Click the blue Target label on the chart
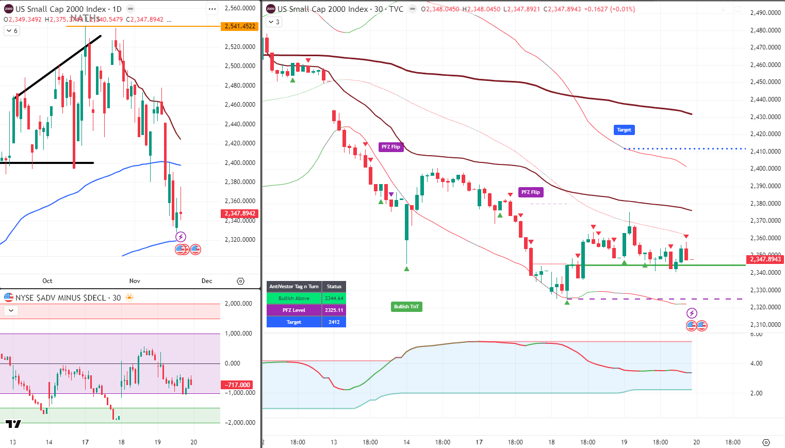pyautogui.click(x=624, y=130)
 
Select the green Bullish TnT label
pyautogui.click(x=406, y=307)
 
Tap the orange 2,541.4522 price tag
pyautogui.click(x=240, y=26)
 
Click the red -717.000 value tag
pyautogui.click(x=238, y=385)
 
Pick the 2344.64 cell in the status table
pyautogui.click(x=334, y=298)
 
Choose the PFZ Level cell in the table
pyautogui.click(x=293, y=310)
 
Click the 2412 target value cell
pyautogui.click(x=334, y=322)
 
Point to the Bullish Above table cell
pyautogui.click(x=293, y=298)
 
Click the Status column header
pyautogui.click(x=334, y=287)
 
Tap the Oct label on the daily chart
pyautogui.click(x=47, y=281)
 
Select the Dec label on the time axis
pyautogui.click(x=207, y=281)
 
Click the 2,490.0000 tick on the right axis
pyautogui.click(x=765, y=13)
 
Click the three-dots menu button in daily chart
pyautogui.click(x=212, y=9)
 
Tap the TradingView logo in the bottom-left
pyautogui.click(x=13, y=424)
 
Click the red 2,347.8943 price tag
pyautogui.click(x=765, y=259)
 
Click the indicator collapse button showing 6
pyautogui.click(x=11, y=31)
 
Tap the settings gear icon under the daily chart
pyautogui.click(x=240, y=281)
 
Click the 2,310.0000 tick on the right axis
pyautogui.click(x=765, y=325)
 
